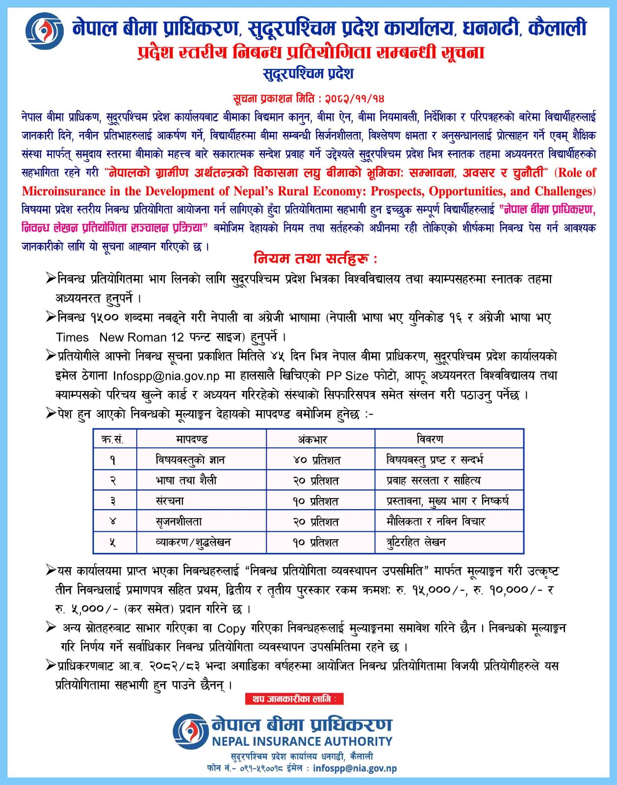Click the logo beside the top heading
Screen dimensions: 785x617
click(44, 30)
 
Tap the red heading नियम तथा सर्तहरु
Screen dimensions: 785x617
click(315, 258)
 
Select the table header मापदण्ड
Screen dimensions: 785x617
click(192, 439)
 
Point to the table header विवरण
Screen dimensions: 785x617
click(430, 439)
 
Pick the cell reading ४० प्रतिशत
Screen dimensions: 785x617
click(316, 460)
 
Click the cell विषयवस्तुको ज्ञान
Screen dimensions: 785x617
click(190, 460)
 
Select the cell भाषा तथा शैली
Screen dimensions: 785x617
click(186, 480)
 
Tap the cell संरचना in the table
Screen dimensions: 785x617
click(170, 501)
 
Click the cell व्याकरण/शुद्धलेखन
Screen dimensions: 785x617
click(193, 542)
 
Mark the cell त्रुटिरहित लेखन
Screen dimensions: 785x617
click(416, 542)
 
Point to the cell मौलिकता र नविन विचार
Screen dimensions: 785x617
click(436, 522)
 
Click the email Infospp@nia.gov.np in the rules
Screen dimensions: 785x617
click(166, 376)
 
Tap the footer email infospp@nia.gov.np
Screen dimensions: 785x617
click(355, 768)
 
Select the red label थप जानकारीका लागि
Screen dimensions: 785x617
click(294, 699)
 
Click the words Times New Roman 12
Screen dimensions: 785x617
click(120, 337)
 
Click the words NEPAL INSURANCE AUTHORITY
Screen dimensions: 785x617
click(302, 741)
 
